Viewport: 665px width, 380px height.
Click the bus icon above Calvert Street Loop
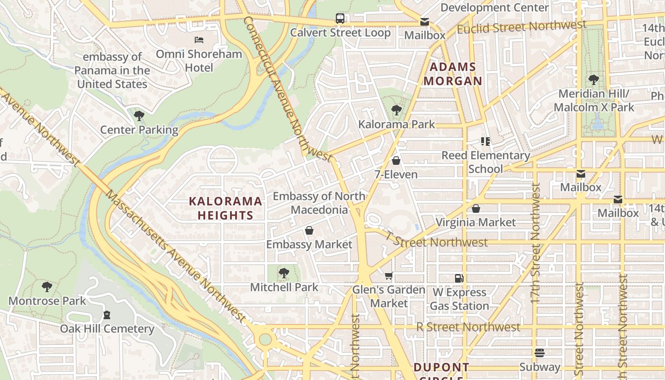(340, 19)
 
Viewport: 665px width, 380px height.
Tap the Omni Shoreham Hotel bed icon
(199, 40)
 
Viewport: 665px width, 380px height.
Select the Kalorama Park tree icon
(396, 110)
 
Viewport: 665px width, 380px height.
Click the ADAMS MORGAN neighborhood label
(453, 74)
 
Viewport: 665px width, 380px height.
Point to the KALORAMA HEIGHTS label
(226, 208)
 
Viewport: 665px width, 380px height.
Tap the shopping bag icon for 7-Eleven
(396, 161)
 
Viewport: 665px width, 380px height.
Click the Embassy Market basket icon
(309, 230)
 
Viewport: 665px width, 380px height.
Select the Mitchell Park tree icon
(284, 273)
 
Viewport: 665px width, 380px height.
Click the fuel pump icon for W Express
(459, 278)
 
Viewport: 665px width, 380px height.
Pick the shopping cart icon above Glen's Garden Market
(389, 275)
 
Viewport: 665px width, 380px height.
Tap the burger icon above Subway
(539, 353)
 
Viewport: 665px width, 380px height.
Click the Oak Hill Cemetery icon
(107, 314)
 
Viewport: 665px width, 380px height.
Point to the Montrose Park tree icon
(47, 286)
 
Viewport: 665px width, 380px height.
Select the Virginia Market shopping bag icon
(476, 208)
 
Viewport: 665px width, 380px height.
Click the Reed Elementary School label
(485, 162)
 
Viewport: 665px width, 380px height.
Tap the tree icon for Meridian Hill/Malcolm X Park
(593, 79)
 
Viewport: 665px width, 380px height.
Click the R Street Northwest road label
(468, 327)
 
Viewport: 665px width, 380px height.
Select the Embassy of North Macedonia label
(319, 203)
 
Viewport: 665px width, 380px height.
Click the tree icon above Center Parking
(139, 115)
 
